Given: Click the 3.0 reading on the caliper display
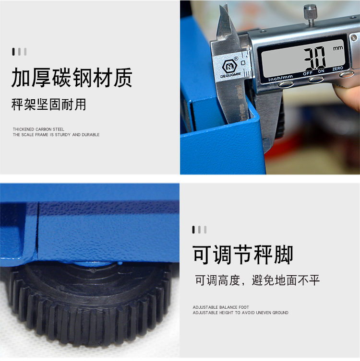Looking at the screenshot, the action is click(314, 58).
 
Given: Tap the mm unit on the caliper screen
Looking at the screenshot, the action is click(337, 48).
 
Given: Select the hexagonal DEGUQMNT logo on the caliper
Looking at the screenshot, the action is click(229, 66).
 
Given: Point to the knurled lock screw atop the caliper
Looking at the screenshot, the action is click(310, 14).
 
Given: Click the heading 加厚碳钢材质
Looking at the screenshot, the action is click(72, 78).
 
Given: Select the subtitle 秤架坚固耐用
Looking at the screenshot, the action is click(48, 105).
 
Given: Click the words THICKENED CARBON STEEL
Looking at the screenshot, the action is click(38, 129).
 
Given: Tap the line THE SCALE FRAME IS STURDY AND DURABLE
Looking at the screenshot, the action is click(56, 135).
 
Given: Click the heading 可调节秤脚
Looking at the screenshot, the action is click(243, 255).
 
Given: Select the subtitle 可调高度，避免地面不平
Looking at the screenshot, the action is click(257, 280).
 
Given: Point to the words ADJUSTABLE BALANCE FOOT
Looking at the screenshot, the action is click(221, 307).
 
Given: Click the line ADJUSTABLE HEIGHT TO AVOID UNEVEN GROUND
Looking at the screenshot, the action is click(240, 313).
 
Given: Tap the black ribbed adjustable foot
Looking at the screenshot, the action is click(90, 304).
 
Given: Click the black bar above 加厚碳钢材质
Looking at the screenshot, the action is click(13, 52).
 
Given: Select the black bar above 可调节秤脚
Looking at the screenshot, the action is click(193, 230).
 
